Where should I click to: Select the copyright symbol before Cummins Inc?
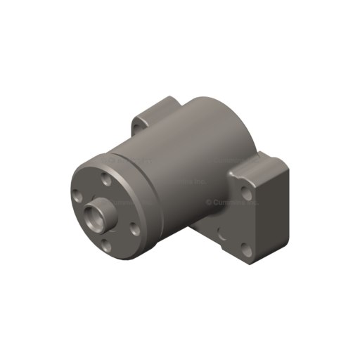[x=209, y=202]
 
